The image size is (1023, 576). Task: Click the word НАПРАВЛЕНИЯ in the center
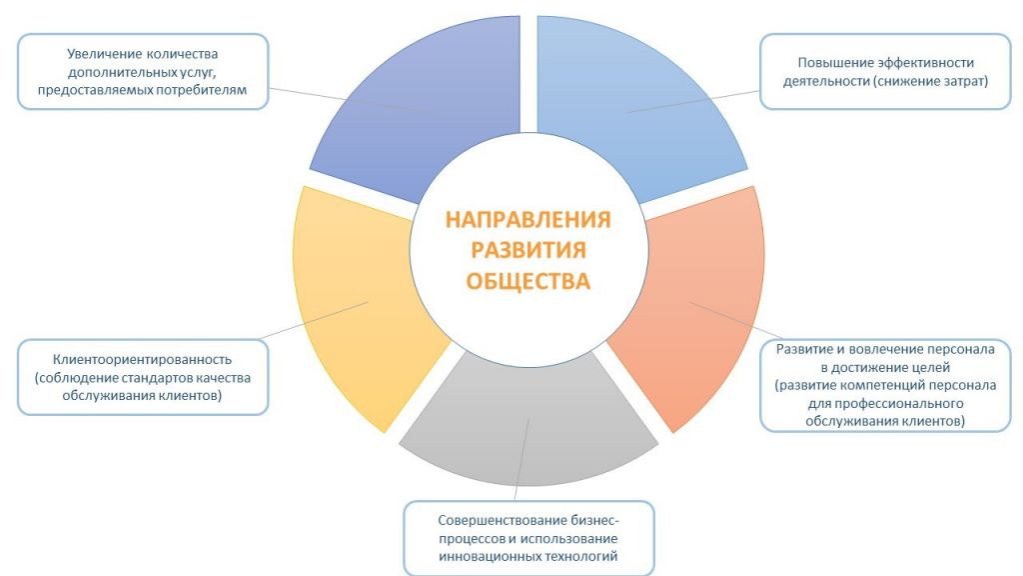527,219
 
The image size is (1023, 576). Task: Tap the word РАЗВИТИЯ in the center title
528,250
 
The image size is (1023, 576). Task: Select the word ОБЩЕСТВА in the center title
527,281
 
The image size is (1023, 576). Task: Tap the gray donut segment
528,424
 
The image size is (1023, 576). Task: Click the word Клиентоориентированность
142,359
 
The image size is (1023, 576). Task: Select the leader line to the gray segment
521,460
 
